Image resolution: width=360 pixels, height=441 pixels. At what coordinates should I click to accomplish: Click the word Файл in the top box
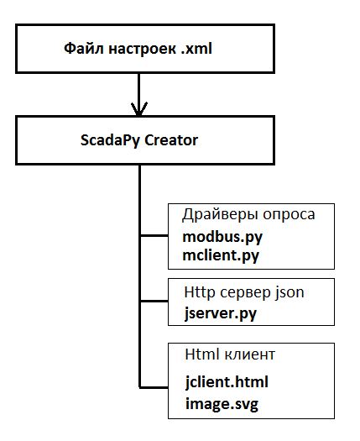click(x=81, y=50)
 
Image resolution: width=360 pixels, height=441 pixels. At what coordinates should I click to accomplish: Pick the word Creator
click(x=170, y=139)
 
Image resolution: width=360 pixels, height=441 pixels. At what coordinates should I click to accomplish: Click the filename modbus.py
click(x=217, y=238)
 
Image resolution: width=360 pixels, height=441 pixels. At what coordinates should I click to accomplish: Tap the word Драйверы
click(x=217, y=215)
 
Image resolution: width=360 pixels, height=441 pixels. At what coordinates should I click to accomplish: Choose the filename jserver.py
click(x=220, y=314)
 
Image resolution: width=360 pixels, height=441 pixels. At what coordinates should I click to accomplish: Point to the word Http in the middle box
click(x=198, y=293)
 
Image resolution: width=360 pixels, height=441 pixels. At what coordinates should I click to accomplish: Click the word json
click(x=290, y=293)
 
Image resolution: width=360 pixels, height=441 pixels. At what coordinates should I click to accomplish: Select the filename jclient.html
click(x=227, y=381)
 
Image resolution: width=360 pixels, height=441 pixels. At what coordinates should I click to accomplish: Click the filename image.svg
click(x=222, y=404)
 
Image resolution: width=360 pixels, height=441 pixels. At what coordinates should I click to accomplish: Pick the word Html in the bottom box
click(x=200, y=355)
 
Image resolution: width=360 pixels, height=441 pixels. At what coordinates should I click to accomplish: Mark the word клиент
click(x=250, y=355)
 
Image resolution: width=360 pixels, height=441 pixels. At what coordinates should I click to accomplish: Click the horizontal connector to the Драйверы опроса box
click(x=154, y=235)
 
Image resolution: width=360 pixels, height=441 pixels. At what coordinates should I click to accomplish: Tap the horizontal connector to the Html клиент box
click(x=154, y=386)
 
